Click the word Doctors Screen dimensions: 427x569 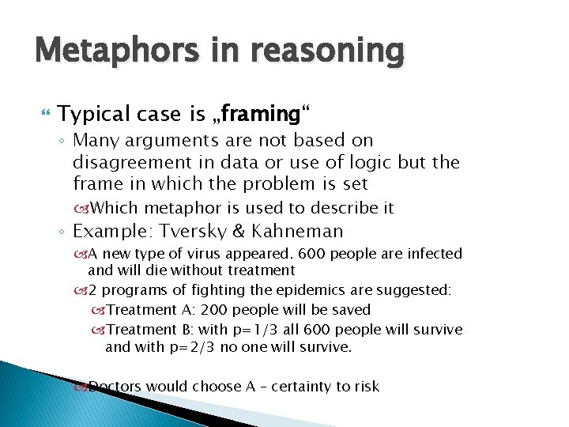coord(115,386)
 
